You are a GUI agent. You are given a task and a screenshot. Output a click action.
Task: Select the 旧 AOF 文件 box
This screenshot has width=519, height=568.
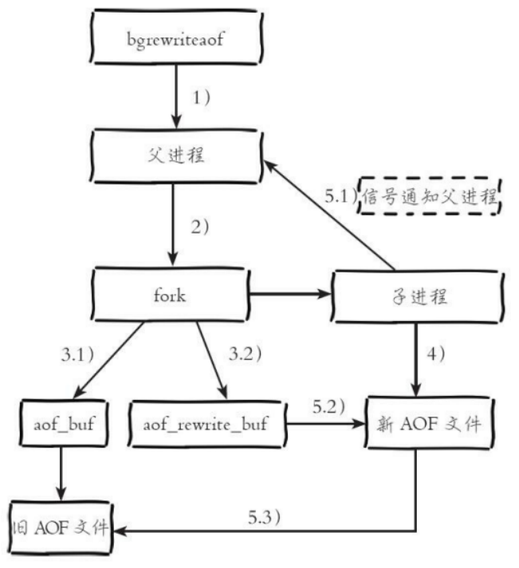[61, 527]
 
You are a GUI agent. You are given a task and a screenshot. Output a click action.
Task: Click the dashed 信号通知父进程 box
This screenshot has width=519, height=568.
[431, 198]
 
